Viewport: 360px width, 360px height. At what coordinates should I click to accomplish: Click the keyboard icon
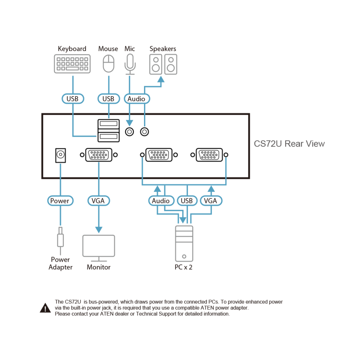click(x=72, y=64)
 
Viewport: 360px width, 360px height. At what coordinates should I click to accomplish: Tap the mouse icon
click(x=109, y=63)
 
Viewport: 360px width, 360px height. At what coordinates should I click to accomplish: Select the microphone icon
click(x=130, y=64)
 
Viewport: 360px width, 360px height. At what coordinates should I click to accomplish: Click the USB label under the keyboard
click(x=73, y=99)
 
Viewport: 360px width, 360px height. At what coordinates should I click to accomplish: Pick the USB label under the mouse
click(x=109, y=99)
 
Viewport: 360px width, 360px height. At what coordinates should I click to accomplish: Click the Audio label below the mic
click(x=137, y=99)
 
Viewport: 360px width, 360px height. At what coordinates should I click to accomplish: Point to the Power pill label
click(x=60, y=201)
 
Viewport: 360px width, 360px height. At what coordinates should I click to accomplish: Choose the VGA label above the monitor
click(x=99, y=201)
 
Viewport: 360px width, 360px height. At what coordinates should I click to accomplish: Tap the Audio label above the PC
click(x=161, y=201)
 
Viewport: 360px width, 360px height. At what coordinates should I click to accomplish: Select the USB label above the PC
click(x=187, y=201)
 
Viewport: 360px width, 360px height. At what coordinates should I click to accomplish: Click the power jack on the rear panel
click(x=60, y=156)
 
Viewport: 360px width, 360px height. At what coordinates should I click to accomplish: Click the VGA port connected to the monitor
click(x=99, y=155)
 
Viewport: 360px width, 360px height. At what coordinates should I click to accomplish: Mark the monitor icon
click(x=99, y=248)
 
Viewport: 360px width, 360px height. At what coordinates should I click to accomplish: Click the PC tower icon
click(x=184, y=244)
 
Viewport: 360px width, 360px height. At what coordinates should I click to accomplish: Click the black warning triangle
click(x=45, y=308)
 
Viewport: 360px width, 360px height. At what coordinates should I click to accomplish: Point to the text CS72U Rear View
click(x=289, y=144)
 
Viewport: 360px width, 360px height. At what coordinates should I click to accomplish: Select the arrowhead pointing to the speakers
click(x=161, y=79)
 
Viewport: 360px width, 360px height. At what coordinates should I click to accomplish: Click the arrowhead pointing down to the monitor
click(x=99, y=230)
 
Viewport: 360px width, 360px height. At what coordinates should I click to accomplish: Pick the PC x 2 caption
click(x=184, y=267)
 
